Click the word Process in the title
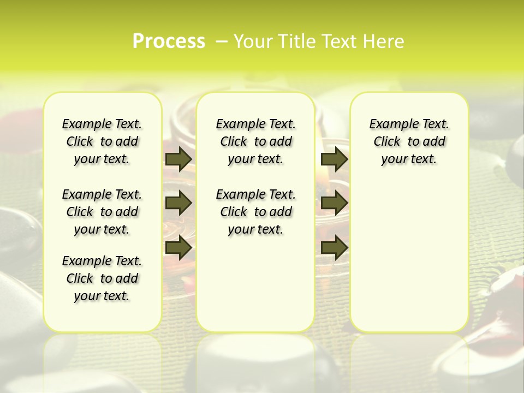[169, 41]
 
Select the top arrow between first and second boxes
[178, 159]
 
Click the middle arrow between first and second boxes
[178, 203]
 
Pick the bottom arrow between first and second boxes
[178, 248]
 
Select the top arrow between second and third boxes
[334, 159]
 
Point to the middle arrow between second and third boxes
[334, 203]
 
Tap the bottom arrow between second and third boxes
[334, 248]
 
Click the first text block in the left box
[102, 141]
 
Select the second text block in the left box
[102, 212]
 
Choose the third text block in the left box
[102, 278]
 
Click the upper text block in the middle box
[255, 141]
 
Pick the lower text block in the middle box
[255, 212]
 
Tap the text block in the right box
[409, 141]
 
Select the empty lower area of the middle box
[255, 284]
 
